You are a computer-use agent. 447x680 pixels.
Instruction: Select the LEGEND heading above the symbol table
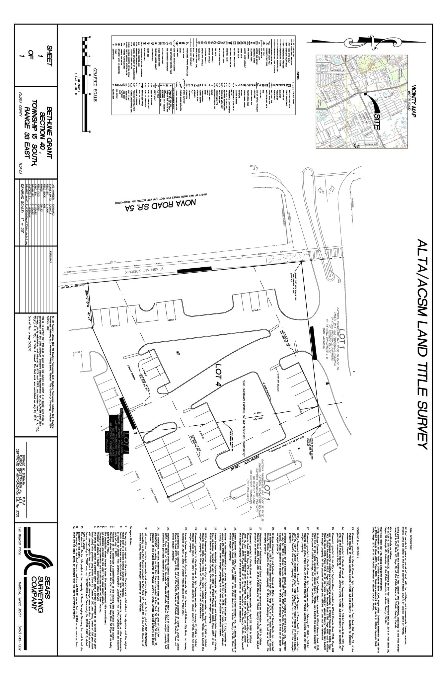pyautogui.click(x=297, y=75)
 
